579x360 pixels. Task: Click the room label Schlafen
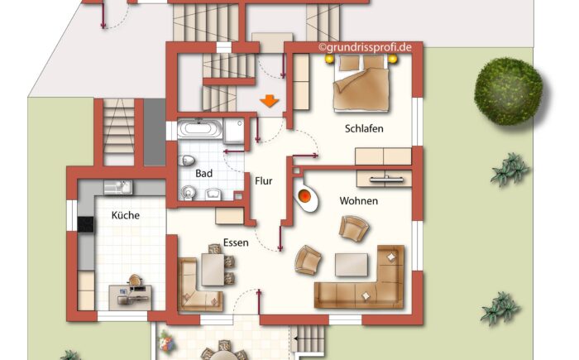pos(364,128)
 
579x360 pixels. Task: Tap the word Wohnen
pos(358,201)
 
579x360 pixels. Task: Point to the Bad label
pos(204,174)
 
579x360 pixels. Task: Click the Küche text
pos(126,215)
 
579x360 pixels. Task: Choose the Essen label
pos(237,243)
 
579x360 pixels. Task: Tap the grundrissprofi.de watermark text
pos(364,48)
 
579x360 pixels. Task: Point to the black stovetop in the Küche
pos(86,223)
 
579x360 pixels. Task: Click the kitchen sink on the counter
pos(116,187)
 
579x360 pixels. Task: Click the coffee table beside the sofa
pos(352,264)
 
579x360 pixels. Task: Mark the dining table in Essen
pos(212,269)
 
